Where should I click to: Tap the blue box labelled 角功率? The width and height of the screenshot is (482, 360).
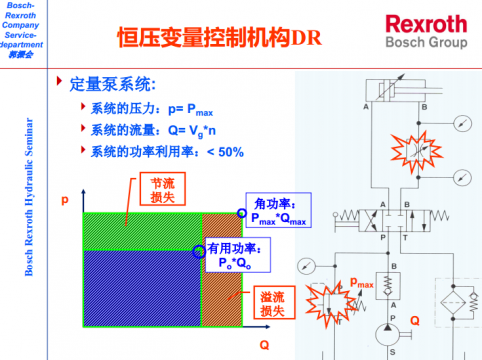tap(281, 210)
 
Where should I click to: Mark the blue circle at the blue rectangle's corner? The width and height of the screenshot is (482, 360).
tap(197, 250)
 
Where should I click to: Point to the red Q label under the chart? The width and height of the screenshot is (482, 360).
tap(265, 343)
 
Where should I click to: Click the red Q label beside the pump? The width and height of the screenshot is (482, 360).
tap(414, 320)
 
